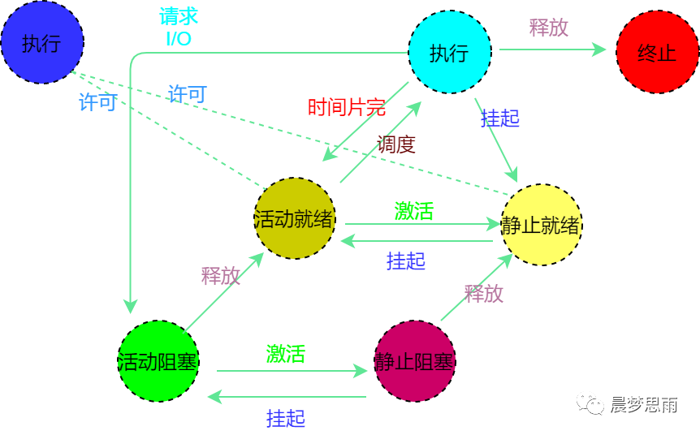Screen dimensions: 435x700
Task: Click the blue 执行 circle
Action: pyautogui.click(x=41, y=42)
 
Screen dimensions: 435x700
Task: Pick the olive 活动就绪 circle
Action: pyautogui.click(x=295, y=219)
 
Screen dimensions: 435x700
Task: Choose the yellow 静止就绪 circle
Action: pyautogui.click(x=542, y=224)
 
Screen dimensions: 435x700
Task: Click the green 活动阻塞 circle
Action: pyautogui.click(x=158, y=360)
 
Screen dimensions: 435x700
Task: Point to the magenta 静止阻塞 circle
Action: pyautogui.click(x=414, y=360)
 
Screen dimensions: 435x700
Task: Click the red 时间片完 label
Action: pyautogui.click(x=346, y=107)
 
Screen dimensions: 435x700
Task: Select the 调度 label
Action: pyautogui.click(x=396, y=144)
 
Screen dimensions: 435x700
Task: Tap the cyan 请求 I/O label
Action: pyautogui.click(x=179, y=27)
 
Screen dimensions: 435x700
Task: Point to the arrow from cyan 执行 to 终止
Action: pyautogui.click(x=552, y=50)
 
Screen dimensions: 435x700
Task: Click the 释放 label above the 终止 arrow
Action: pyautogui.click(x=549, y=27)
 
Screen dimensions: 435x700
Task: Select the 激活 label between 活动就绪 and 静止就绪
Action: pyautogui.click(x=414, y=211)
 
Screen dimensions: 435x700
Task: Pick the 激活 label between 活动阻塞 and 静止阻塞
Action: pyautogui.click(x=286, y=354)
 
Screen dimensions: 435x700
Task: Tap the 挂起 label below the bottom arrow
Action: pyautogui.click(x=286, y=418)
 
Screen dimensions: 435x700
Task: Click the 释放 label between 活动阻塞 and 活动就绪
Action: pyautogui.click(x=221, y=275)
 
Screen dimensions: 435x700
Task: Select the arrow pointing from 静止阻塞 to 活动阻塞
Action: pyautogui.click(x=288, y=397)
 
